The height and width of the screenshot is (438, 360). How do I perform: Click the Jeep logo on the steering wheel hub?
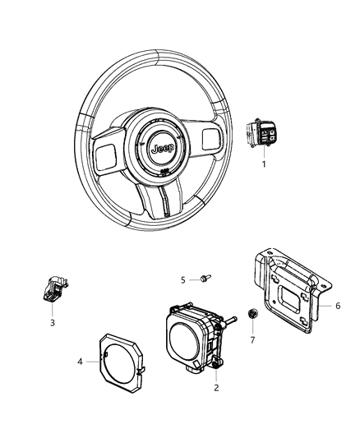(x=156, y=150)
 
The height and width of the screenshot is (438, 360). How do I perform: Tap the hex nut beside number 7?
(x=253, y=312)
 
